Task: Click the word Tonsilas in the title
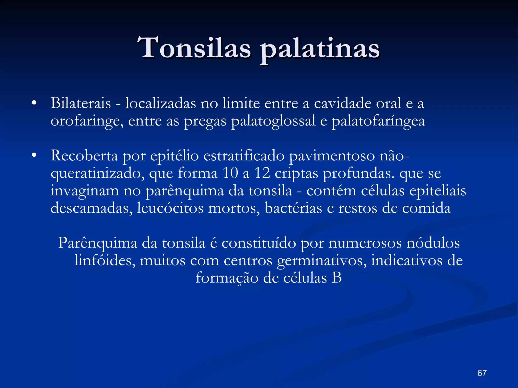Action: coord(196,48)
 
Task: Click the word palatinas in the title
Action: coord(320,49)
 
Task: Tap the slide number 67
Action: coord(482,373)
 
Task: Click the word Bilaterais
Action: coord(81,103)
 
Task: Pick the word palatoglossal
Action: coord(273,121)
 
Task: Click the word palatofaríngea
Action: coord(378,121)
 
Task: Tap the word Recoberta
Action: coord(84,156)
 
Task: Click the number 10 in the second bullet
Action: coord(230,173)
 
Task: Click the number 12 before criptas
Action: coord(262,173)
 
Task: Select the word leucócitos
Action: coord(170,208)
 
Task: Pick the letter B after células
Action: coord(337,278)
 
